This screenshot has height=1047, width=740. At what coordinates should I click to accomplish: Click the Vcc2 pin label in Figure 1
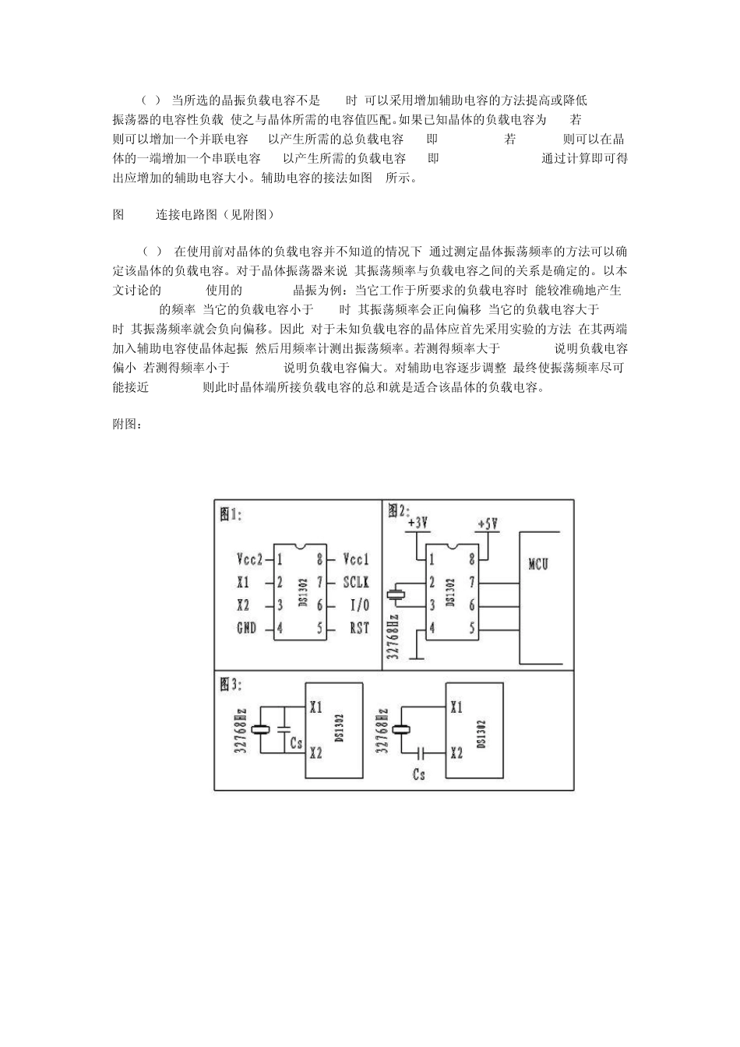[249, 559]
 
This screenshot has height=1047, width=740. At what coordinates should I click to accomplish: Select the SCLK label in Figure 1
[356, 582]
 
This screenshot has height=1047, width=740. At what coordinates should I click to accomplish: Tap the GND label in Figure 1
[246, 628]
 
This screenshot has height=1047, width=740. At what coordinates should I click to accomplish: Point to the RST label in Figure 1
[359, 628]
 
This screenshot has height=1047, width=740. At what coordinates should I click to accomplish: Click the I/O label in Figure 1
[359, 605]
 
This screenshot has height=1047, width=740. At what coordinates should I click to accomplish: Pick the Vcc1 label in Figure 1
[356, 559]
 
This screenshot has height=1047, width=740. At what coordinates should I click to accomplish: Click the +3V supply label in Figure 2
[418, 523]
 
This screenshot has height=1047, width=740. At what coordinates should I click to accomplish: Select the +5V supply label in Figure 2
[487, 523]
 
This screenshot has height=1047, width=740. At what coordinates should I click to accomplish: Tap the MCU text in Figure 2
[538, 563]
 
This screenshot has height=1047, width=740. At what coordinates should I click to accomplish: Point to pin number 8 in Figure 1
[319, 559]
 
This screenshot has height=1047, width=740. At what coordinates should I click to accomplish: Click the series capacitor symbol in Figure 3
[421, 753]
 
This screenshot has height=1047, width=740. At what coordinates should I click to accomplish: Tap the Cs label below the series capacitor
[419, 774]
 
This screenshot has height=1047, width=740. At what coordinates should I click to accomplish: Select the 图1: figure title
[231, 514]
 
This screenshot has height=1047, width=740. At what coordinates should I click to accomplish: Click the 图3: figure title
[231, 684]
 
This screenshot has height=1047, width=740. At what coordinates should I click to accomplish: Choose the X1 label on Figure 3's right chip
[456, 707]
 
